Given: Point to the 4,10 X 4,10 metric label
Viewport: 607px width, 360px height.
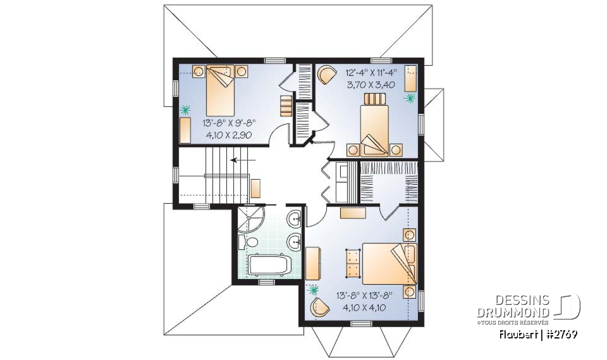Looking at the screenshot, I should [x=364, y=307].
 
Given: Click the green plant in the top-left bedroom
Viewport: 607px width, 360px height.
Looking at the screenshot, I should [x=185, y=109].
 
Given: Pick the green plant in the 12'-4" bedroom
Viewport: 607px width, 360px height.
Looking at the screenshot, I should [x=410, y=98].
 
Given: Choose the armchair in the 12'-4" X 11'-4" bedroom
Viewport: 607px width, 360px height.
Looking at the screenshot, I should [x=326, y=75].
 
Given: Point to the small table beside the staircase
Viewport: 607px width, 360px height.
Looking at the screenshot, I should [x=255, y=187].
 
